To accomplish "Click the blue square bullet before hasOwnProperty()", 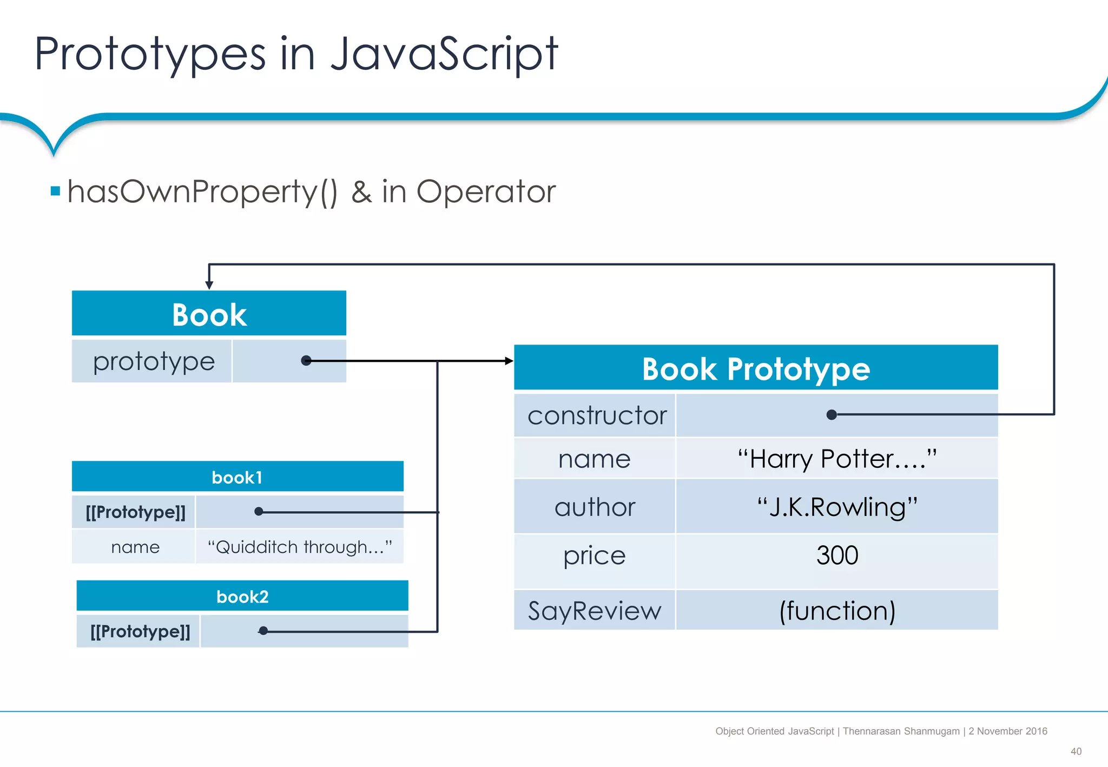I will [55, 191].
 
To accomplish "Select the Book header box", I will [209, 314].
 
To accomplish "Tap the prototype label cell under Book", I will [153, 361].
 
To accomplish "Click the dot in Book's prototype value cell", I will [306, 361].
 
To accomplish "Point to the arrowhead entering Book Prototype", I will [509, 361].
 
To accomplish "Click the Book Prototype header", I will [755, 368].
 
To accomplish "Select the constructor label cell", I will [596, 415].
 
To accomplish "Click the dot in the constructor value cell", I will [832, 415].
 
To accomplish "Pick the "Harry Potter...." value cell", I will [836, 459].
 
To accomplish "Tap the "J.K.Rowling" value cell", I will [836, 507].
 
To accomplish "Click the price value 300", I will [836, 556].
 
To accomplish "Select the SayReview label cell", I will [595, 611].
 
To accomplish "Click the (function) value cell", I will [836, 611].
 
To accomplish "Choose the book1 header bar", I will [237, 477].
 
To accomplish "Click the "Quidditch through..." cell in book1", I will [299, 547].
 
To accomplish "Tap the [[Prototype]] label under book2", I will [140, 631].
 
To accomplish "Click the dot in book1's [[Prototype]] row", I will [259, 511].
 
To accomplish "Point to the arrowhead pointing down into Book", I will [209, 285].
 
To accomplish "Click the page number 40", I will [1076, 751].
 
